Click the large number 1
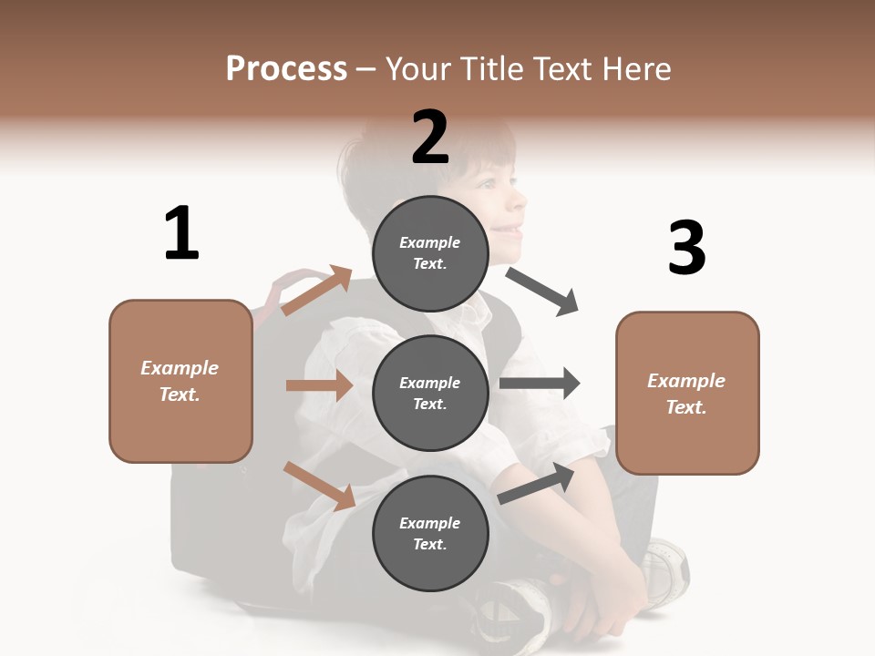coord(181,233)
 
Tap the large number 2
coord(430,138)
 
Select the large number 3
coord(686,248)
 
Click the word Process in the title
coord(286,69)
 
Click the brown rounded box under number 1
coord(180,381)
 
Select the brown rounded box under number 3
coord(687,393)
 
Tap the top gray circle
coord(430,253)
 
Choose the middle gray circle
coord(430,393)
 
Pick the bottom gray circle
coord(430,533)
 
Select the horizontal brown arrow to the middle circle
coord(319,385)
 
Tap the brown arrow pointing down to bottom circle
coord(319,485)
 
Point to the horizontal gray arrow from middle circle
coord(540,383)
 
